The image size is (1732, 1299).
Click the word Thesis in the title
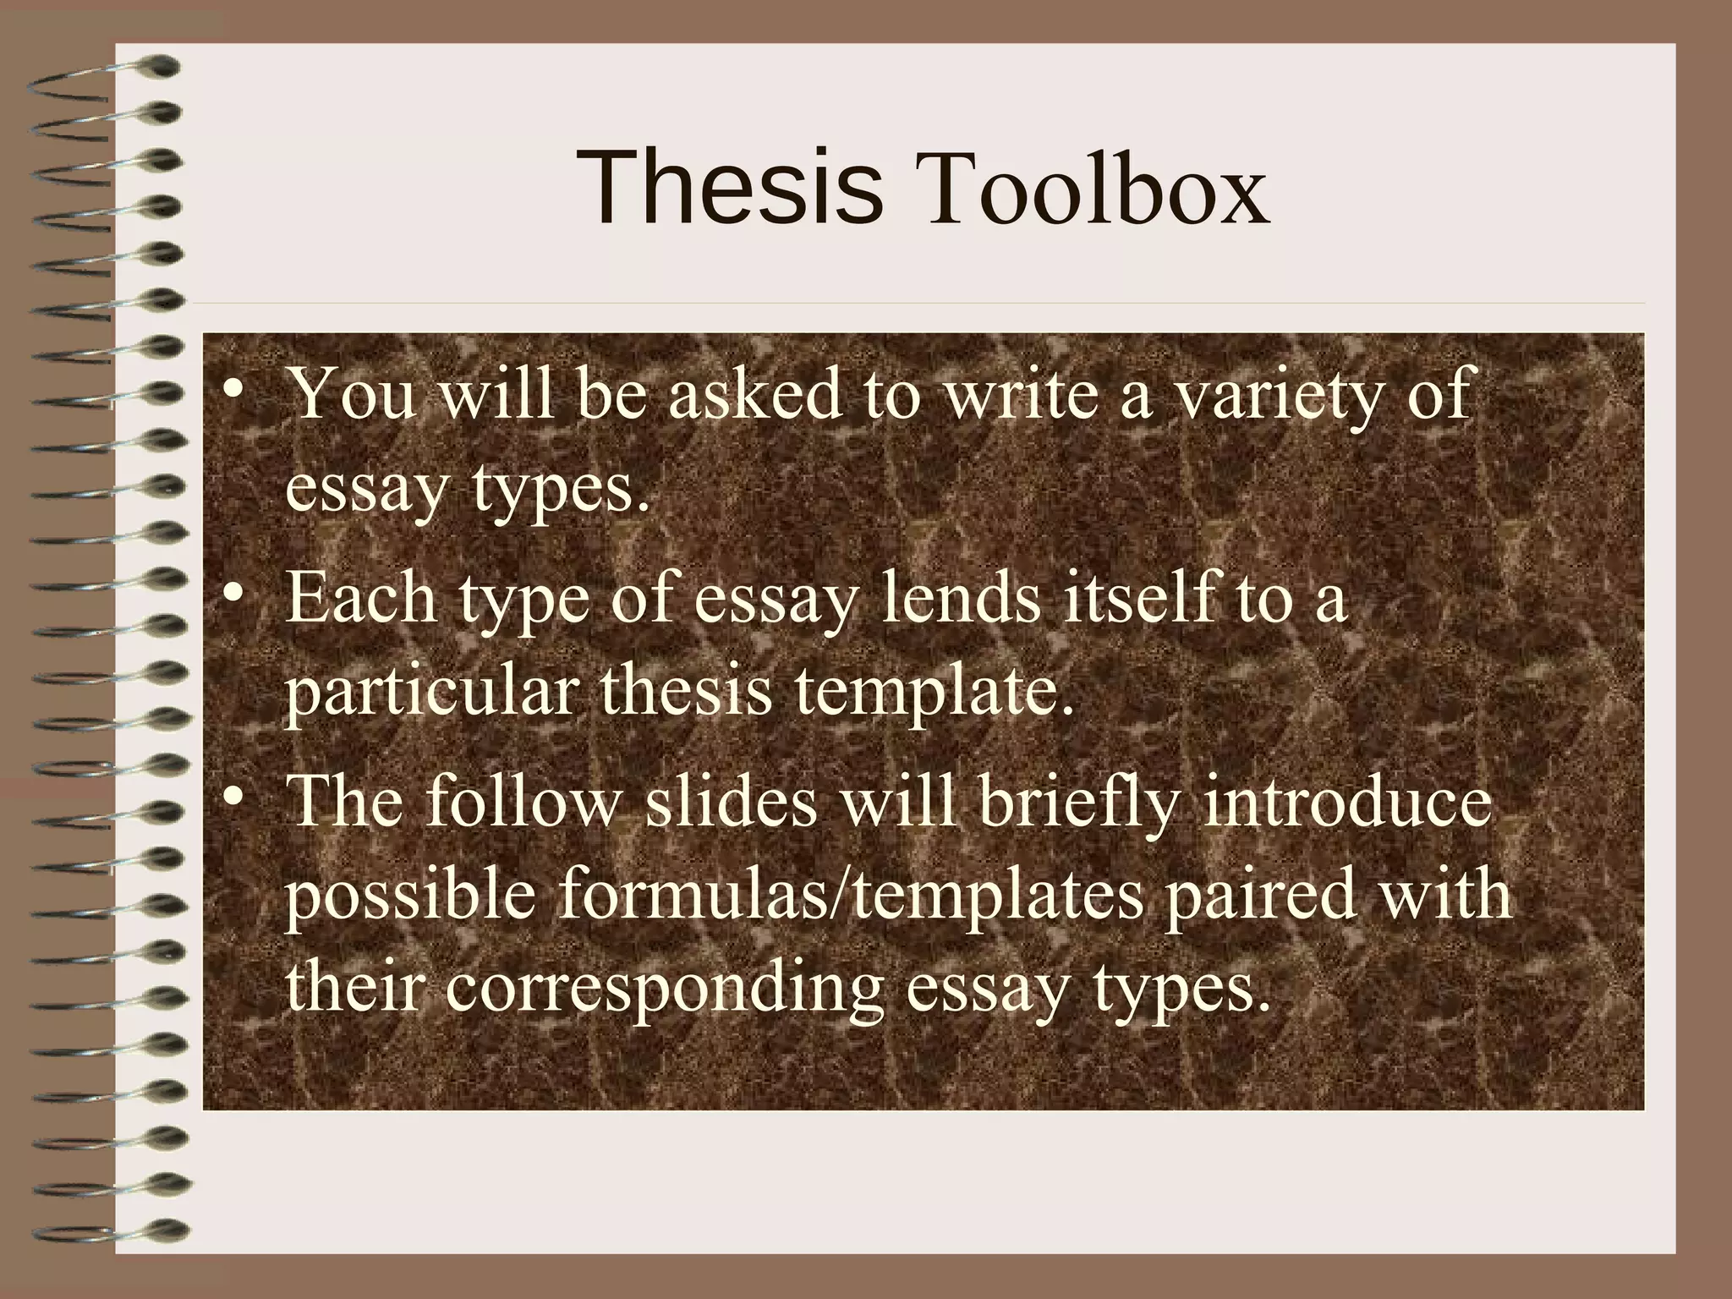[731, 188]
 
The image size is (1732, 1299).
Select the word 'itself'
[1137, 595]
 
